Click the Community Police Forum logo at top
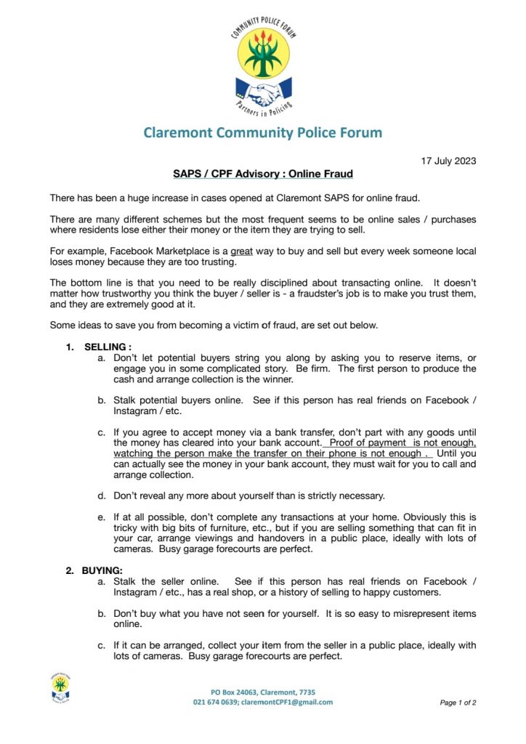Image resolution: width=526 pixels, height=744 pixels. point(262,64)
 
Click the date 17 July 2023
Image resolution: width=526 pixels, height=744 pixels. point(448,160)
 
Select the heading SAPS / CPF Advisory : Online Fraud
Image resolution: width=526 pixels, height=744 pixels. point(262,174)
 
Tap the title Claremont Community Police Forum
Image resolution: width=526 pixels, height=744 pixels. point(262,132)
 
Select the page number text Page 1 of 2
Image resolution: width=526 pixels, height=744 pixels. point(458,703)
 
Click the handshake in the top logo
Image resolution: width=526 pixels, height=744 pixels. point(262,94)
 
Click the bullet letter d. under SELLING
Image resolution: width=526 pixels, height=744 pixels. point(102,496)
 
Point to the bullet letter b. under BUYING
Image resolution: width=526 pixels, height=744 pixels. point(102,614)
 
